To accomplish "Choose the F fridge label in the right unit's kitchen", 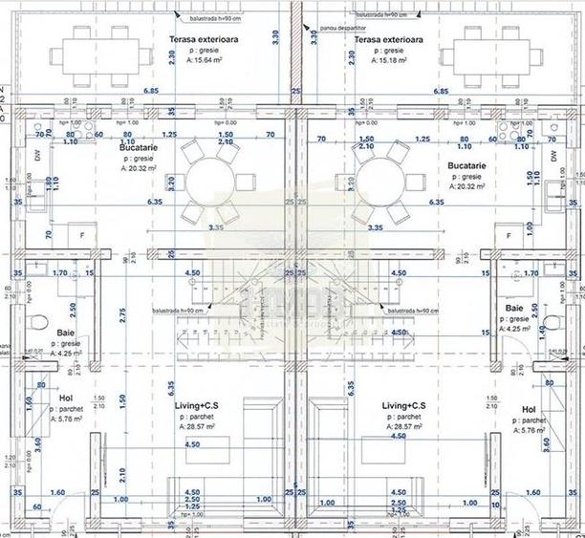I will pos(509,235).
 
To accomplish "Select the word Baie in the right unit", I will pos(514,309).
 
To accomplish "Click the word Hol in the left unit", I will pos(66,398).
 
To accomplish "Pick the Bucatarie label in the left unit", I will pos(140,149).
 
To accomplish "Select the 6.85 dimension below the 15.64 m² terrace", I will pos(152,91).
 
